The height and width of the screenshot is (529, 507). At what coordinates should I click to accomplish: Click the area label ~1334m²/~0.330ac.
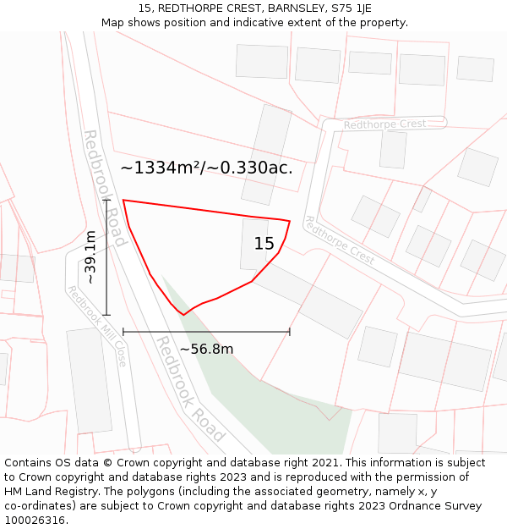tap(206, 168)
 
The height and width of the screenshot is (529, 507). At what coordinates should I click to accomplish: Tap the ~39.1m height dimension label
tap(90, 257)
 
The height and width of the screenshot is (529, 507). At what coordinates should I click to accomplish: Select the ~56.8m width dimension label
tap(206, 349)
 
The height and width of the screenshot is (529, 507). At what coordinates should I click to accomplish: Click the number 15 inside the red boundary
tap(264, 244)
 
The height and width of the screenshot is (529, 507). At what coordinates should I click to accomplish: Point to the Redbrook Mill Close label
tap(97, 327)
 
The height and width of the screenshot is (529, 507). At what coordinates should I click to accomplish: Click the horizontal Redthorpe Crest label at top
tap(384, 124)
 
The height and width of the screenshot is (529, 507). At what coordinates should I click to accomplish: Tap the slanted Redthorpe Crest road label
tap(339, 240)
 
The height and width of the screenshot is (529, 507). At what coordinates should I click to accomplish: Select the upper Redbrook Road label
tap(105, 188)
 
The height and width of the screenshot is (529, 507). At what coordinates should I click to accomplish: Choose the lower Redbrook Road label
tap(190, 389)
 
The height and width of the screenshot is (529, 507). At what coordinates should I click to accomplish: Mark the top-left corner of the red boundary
tap(123, 201)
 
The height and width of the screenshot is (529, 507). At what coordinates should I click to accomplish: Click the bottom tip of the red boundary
tap(183, 315)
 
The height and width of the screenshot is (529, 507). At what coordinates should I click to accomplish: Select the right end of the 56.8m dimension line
tap(290, 332)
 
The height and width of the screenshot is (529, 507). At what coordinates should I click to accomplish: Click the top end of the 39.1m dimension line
tap(106, 201)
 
